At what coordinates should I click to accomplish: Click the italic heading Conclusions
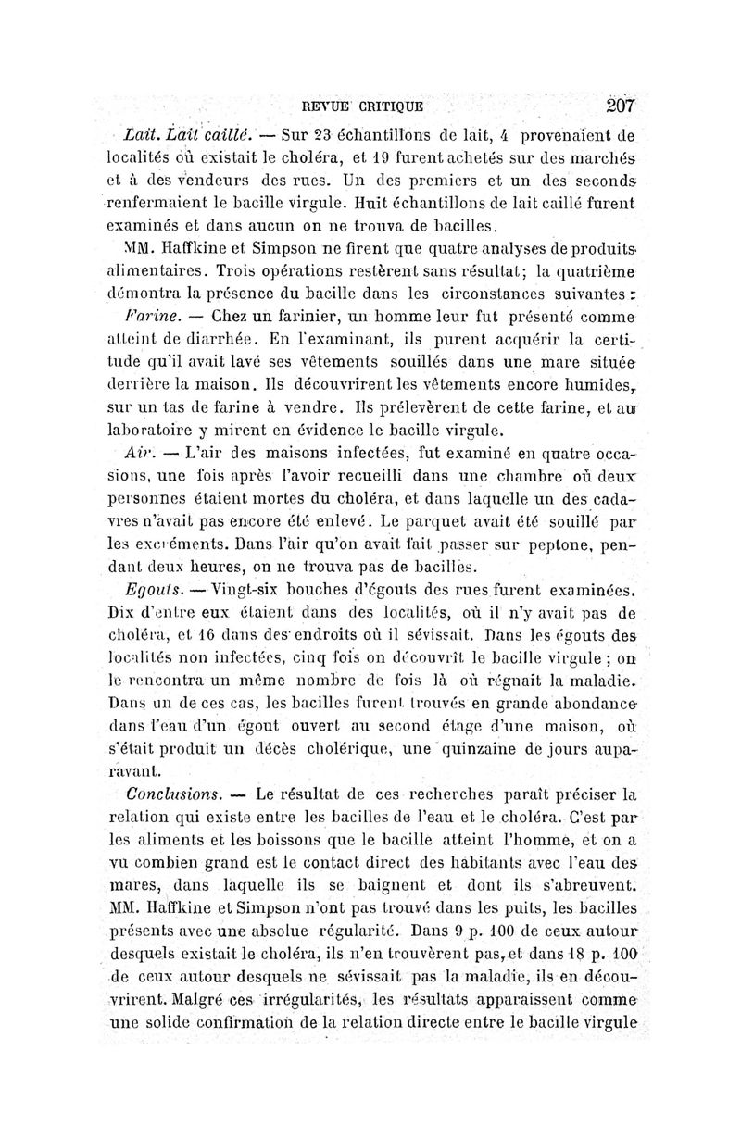[x=175, y=794]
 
